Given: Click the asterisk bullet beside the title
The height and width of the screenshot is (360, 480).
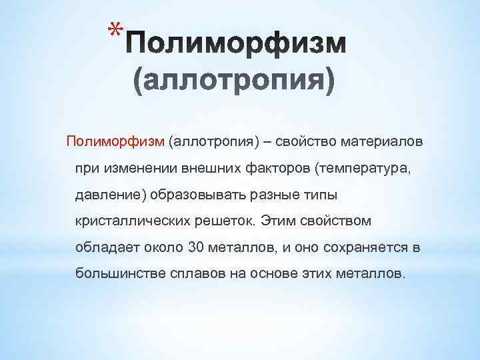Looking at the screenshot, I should click(116, 31).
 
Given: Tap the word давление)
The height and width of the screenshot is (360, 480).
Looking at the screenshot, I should click(111, 195).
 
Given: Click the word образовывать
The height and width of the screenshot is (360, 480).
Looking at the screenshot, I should click(195, 195).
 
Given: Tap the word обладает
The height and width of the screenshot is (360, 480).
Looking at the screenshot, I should click(106, 247).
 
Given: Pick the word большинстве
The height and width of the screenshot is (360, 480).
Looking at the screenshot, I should click(116, 273).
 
